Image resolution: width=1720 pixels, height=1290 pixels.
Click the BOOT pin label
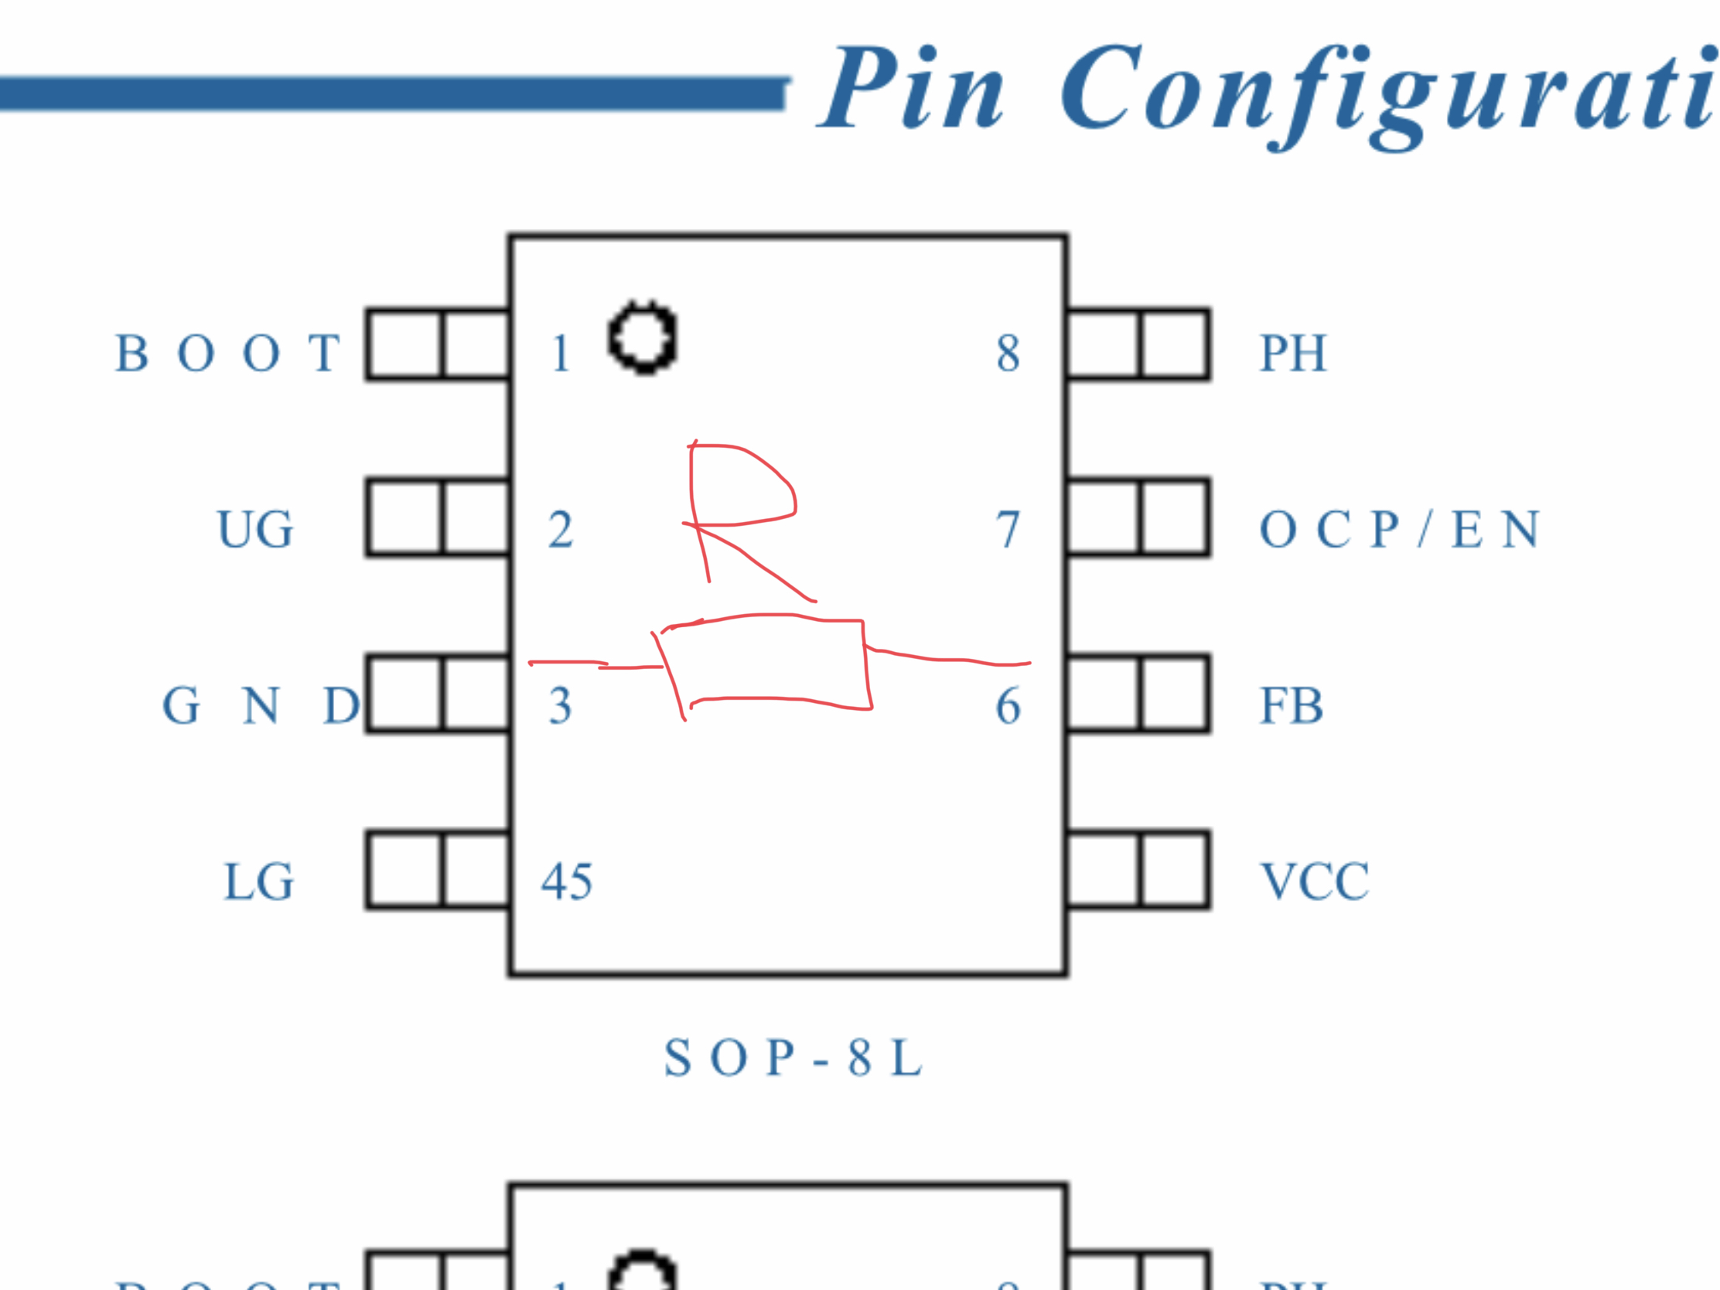point(227,353)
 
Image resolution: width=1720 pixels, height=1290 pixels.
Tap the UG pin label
point(255,530)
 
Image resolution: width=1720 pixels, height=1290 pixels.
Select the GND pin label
point(261,706)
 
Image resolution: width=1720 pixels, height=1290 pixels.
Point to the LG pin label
point(259,882)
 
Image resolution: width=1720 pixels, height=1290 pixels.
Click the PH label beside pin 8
point(1292,353)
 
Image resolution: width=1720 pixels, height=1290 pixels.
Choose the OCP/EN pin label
point(1399,530)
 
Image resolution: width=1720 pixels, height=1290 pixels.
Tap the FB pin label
point(1291,706)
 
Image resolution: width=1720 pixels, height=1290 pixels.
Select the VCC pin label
point(1314,882)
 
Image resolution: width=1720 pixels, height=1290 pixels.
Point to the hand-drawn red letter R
point(739,514)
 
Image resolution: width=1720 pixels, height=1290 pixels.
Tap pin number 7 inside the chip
point(1008,530)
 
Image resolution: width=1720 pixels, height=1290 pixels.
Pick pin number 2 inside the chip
point(561,530)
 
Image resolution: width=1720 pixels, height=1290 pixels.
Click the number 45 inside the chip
point(567,882)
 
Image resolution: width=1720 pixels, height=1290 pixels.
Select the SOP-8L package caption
point(793,1058)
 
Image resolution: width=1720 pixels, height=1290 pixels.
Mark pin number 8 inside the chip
point(1008,353)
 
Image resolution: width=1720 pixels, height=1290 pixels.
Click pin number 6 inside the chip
point(1008,706)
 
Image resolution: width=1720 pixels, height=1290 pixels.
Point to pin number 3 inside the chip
point(561,706)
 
